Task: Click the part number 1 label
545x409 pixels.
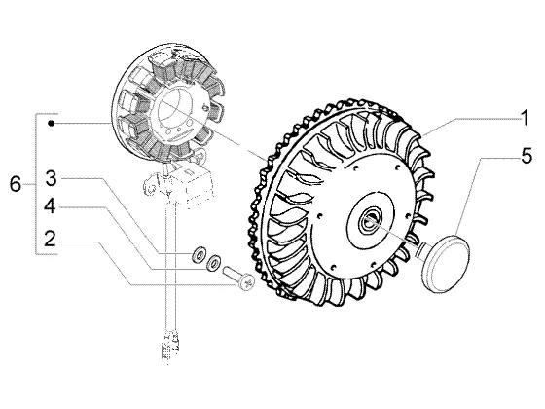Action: [x=525, y=118]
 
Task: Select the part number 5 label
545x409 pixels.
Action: [x=527, y=156]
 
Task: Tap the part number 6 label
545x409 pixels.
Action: [x=16, y=184]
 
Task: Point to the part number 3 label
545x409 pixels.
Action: [x=51, y=178]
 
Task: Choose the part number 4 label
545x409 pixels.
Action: [x=50, y=206]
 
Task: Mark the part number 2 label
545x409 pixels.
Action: [x=50, y=239]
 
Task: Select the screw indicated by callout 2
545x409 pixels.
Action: [x=238, y=278]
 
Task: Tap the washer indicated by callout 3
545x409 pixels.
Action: [x=200, y=253]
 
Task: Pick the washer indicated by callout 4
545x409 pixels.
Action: [x=213, y=263]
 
